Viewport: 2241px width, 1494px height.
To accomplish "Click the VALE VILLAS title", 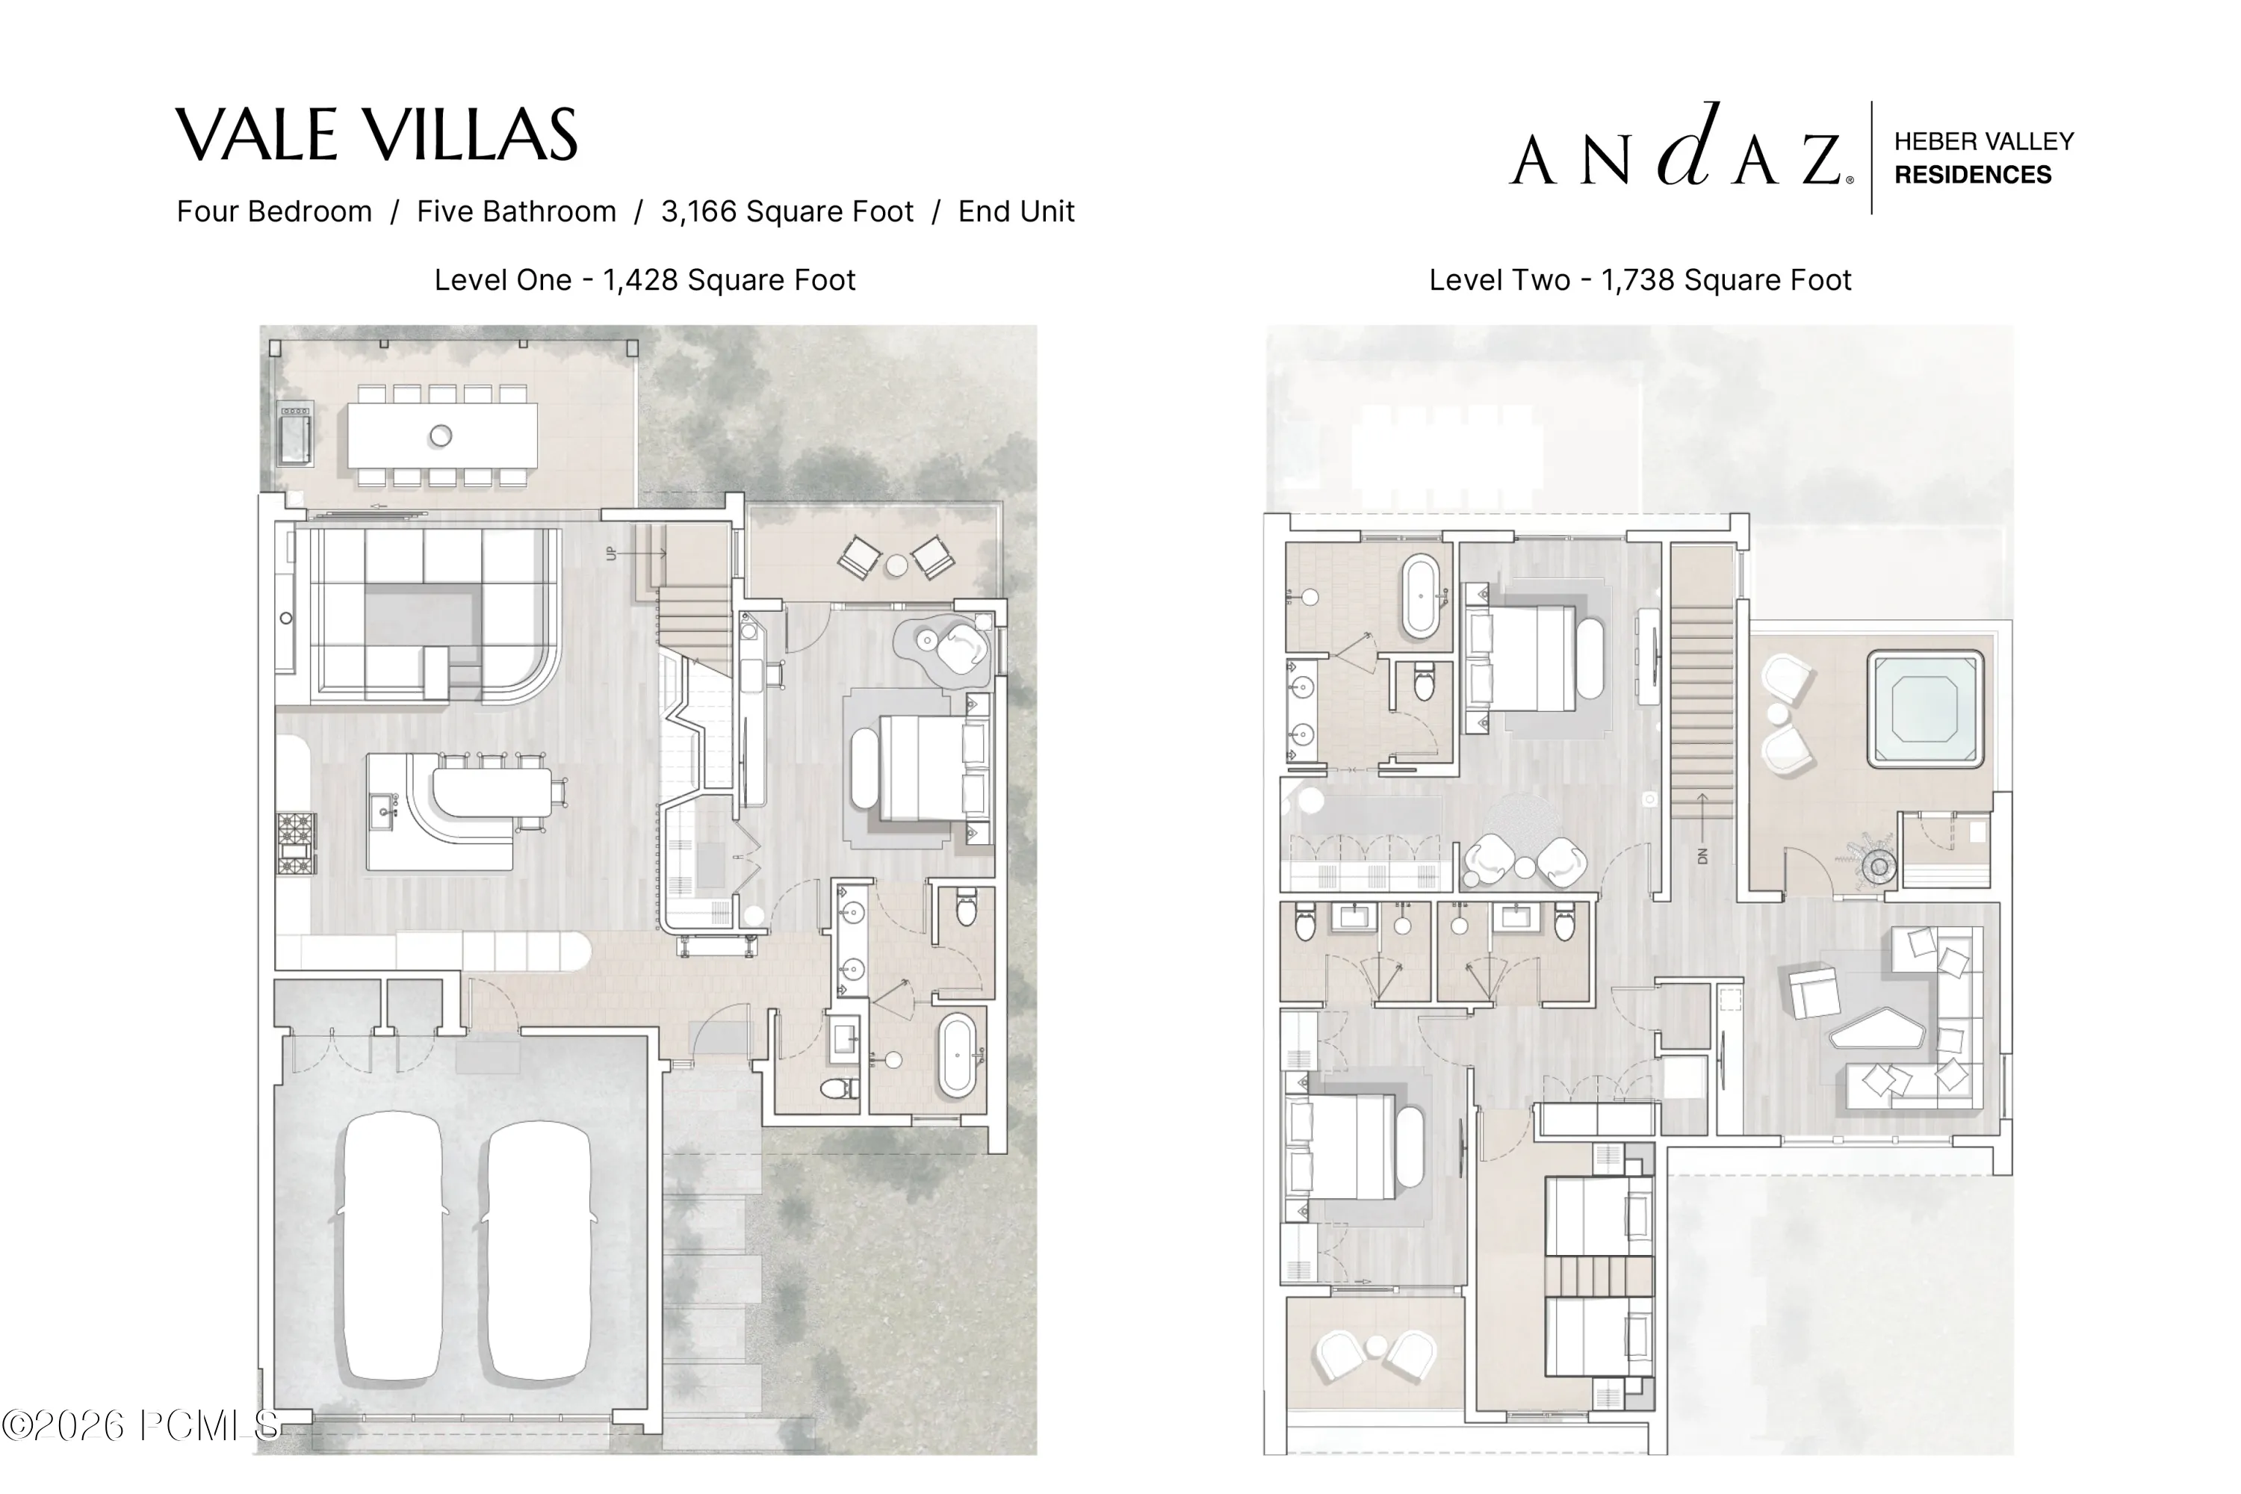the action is point(376,134).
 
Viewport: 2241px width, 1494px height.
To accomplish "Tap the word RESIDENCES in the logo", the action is point(1972,174).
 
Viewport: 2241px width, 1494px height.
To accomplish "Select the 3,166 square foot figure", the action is point(787,211).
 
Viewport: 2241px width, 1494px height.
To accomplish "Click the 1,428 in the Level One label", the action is point(640,280).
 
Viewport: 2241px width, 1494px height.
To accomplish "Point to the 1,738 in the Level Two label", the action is point(1638,280).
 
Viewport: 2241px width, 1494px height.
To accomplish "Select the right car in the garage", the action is point(539,1252).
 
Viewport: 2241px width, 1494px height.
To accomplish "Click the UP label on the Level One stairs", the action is point(612,553).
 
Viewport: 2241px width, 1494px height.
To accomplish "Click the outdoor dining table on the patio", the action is point(441,436).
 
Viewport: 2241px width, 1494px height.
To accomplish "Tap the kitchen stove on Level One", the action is point(297,843).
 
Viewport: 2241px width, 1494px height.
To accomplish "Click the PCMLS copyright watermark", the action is point(140,1425).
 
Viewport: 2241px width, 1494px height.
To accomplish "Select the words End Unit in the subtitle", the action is point(1016,211).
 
